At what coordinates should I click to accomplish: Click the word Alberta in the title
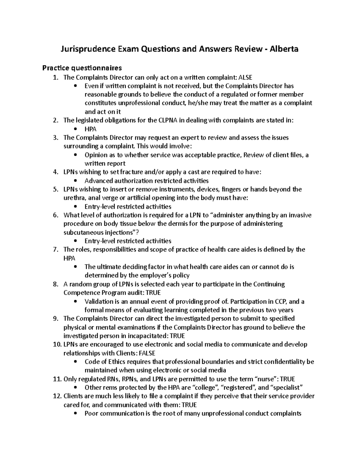pos(284,49)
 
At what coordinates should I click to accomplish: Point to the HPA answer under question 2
pos(91,129)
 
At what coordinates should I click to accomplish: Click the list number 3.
pos(55,138)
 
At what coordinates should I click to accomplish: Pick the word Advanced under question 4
pos(98,181)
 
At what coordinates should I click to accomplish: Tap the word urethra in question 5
pos(72,198)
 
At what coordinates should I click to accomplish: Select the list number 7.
pos(55,249)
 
